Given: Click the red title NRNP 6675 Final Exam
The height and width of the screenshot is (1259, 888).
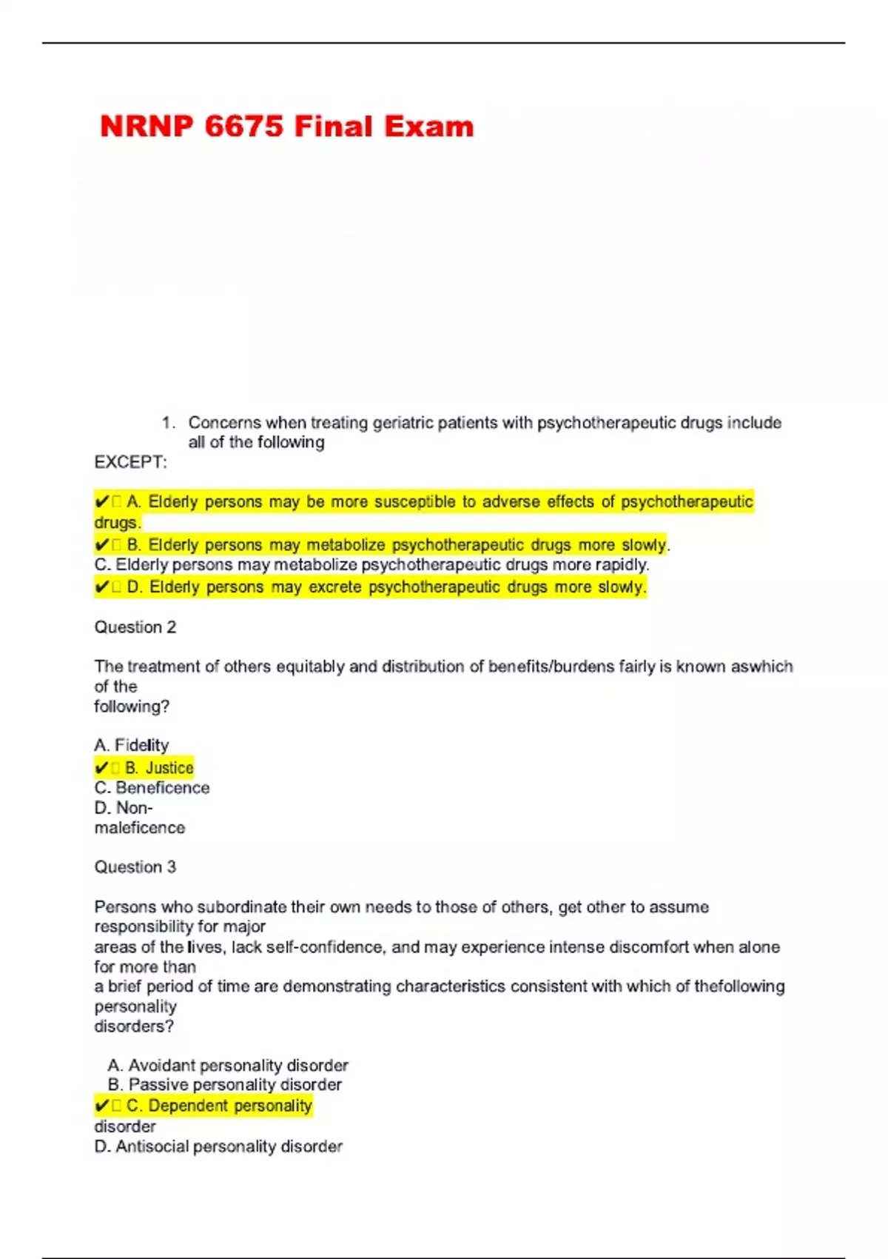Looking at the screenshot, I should point(286,127).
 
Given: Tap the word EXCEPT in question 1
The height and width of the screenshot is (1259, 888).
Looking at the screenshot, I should point(129,462).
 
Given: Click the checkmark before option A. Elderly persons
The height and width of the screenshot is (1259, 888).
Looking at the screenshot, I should point(101,502).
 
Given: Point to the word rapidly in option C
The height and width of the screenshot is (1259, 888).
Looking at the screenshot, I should point(621,564).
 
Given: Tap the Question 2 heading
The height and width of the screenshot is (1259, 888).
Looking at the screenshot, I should point(135,627).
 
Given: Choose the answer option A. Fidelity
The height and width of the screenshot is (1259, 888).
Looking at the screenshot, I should point(132,745).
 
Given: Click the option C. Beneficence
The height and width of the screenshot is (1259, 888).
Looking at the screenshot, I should point(152,788).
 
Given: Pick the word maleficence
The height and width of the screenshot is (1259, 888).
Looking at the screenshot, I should point(139,828).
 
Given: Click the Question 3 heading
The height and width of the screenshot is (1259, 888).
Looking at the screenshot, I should point(135,867).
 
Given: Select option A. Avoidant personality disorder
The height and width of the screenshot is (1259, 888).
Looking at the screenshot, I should point(227,1066).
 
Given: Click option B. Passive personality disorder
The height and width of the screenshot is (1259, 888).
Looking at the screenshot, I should point(224,1085).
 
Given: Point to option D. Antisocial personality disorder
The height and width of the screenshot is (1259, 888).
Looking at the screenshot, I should point(218,1147).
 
